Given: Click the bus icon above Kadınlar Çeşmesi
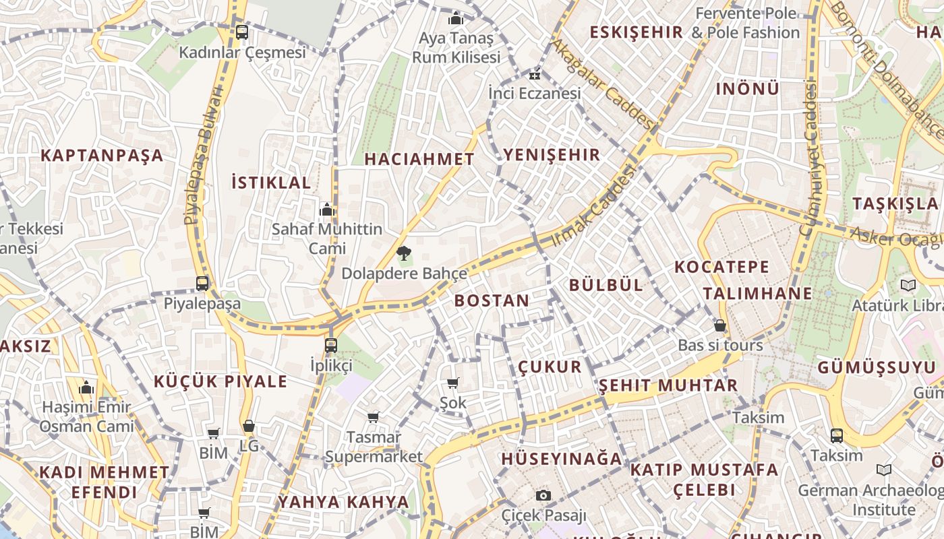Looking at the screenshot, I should (241, 32).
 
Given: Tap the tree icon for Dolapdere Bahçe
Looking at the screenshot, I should (404, 254).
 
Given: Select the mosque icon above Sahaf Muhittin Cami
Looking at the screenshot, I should (327, 210).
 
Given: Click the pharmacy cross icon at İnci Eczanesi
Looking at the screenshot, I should (535, 75).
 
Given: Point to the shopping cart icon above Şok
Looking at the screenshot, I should (452, 383).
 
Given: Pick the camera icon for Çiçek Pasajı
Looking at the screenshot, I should (543, 496).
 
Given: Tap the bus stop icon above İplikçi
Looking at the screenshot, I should (330, 346).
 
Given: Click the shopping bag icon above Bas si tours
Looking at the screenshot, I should (720, 325).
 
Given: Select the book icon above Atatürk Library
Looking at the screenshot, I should (908, 286).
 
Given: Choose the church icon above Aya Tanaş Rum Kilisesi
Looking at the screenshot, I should (456, 18).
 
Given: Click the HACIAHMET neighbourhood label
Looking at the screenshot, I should (419, 159).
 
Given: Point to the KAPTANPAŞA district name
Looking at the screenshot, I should (102, 155).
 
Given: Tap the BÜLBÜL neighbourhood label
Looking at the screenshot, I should (606, 284).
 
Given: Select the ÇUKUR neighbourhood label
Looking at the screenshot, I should (550, 367).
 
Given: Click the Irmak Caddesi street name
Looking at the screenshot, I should (594, 205).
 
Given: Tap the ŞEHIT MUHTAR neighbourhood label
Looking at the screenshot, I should (668, 385).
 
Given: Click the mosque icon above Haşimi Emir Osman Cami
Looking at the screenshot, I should (86, 388).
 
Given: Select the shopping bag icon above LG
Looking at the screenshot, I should (249, 426).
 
